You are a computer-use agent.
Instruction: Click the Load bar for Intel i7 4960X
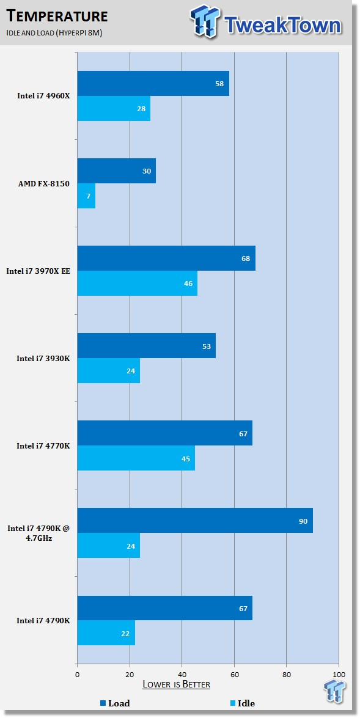tap(153, 83)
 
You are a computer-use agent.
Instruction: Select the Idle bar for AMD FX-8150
tap(87, 196)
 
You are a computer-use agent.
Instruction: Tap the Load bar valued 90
tap(195, 520)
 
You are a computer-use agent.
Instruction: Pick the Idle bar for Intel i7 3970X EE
tap(138, 284)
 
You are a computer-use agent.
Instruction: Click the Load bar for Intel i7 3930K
tap(147, 346)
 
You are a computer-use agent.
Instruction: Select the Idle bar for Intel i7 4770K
tap(136, 458)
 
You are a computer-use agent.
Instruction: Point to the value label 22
tap(125, 634)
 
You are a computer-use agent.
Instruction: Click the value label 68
tap(246, 258)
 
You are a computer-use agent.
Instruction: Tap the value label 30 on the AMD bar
tap(147, 171)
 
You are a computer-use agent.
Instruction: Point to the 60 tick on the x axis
tap(234, 675)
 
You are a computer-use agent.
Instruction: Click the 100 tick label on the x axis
tap(339, 675)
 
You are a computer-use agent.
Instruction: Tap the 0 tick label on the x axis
tap(78, 675)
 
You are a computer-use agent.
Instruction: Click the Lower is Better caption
tap(177, 684)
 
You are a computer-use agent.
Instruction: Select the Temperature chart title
tap(57, 16)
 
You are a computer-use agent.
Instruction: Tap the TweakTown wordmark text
tap(282, 25)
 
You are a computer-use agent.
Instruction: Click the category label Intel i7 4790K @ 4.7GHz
tap(39, 533)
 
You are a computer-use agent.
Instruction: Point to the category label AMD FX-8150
tap(44, 183)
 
